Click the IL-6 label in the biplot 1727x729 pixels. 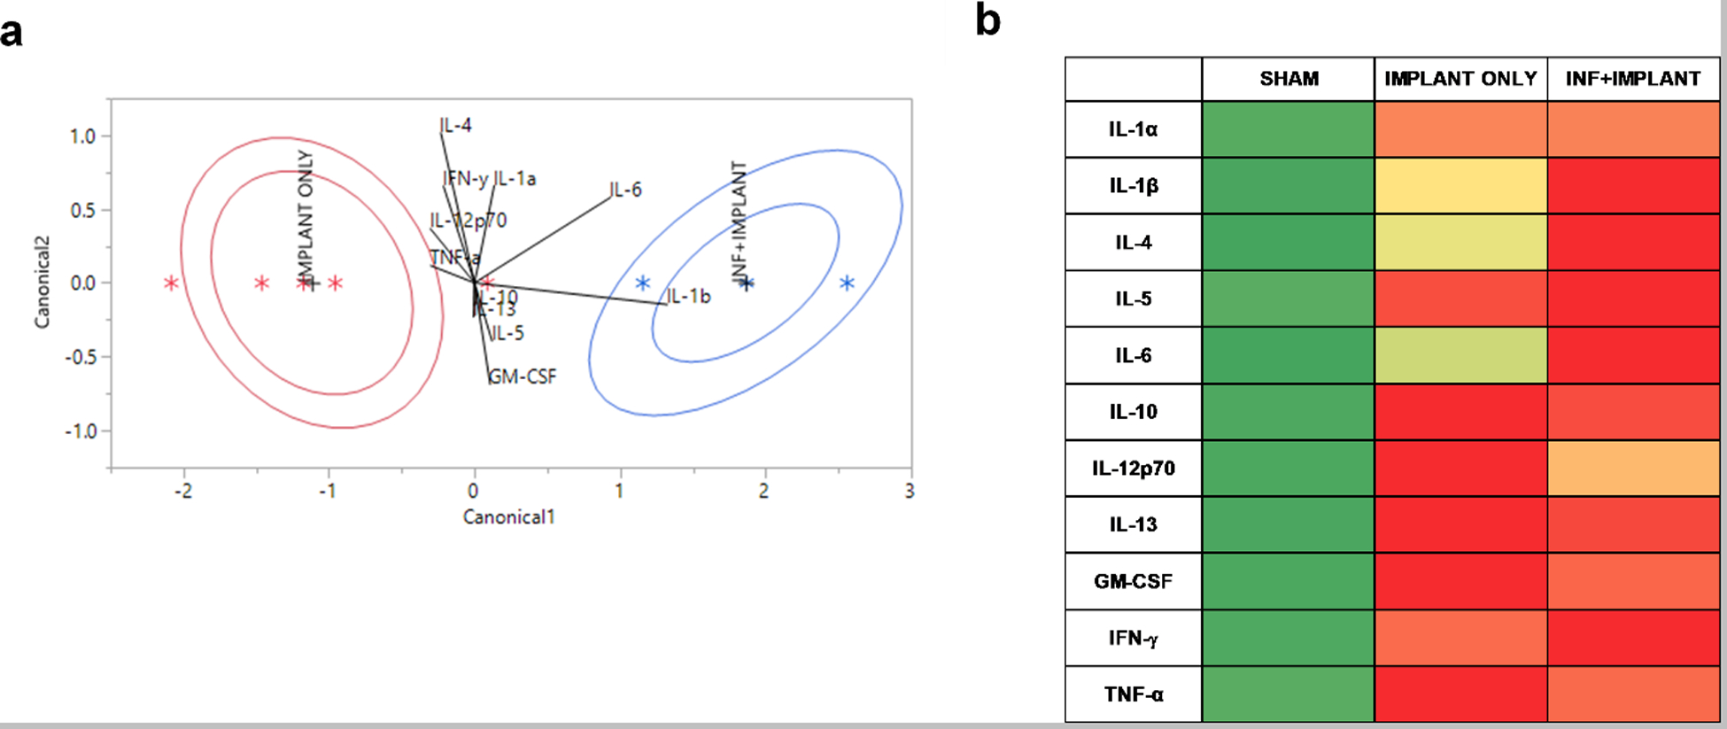pyautogui.click(x=626, y=190)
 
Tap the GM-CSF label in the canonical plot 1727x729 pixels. pyautogui.click(x=523, y=376)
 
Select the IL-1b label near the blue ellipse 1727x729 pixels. pyautogui.click(x=689, y=296)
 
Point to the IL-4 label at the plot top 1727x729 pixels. pyautogui.click(x=456, y=126)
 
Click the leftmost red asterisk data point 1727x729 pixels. pyautogui.click(x=171, y=283)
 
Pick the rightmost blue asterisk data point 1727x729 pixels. pyautogui.click(x=848, y=283)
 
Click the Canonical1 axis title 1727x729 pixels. pyautogui.click(x=508, y=516)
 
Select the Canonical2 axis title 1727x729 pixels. pyautogui.click(x=42, y=283)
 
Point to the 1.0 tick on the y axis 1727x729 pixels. pyautogui.click(x=82, y=136)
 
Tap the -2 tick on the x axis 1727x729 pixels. pyautogui.click(x=182, y=491)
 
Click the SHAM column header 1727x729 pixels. pyautogui.click(x=1289, y=79)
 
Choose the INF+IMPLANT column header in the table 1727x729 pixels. pyautogui.click(x=1632, y=79)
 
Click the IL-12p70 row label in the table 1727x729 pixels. pyautogui.click(x=1133, y=468)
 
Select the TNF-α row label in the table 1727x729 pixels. pyautogui.click(x=1133, y=694)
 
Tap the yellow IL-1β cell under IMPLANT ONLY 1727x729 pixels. pyautogui.click(x=1460, y=186)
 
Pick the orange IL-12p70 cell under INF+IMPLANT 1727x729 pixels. pyautogui.click(x=1633, y=468)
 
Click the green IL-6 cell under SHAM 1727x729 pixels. pyautogui.click(x=1288, y=355)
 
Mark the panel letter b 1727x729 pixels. pyautogui.click(x=987, y=19)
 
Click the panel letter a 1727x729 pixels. pyautogui.click(x=12, y=32)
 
